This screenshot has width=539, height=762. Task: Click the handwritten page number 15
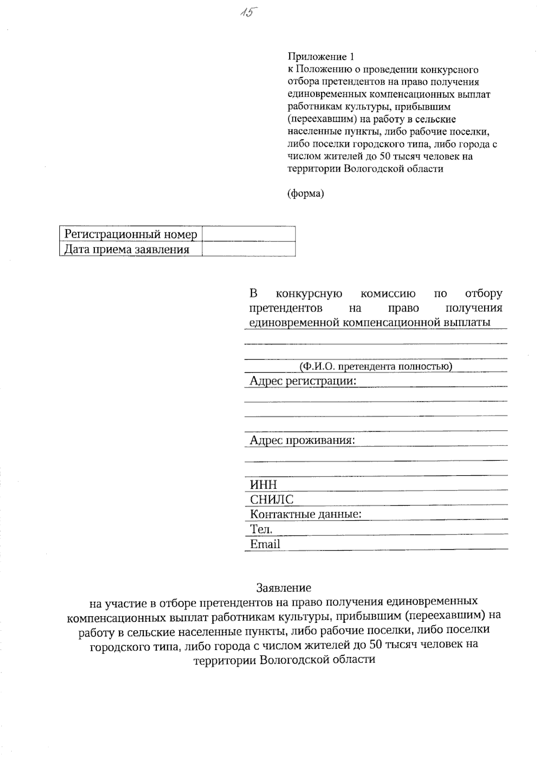tap(247, 12)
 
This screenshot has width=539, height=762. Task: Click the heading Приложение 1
tap(321, 57)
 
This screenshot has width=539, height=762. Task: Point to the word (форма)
tap(305, 194)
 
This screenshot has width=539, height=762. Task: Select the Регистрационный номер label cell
tap(131, 234)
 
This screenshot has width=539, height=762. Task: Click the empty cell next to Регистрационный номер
tap(248, 234)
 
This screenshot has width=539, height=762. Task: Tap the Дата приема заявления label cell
tap(127, 250)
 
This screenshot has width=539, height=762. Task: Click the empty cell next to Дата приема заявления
tap(248, 250)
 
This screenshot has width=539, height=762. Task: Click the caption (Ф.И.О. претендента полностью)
tap(376, 366)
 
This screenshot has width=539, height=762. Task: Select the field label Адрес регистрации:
tap(303, 381)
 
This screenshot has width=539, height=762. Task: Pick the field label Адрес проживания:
tap(302, 440)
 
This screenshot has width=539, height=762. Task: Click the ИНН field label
tap(263, 485)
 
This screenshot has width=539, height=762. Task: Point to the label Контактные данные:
tap(305, 514)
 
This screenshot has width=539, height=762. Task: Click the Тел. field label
tap(261, 529)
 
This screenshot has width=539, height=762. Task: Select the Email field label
tap(265, 544)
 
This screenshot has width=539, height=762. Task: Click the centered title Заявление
tap(283, 588)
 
